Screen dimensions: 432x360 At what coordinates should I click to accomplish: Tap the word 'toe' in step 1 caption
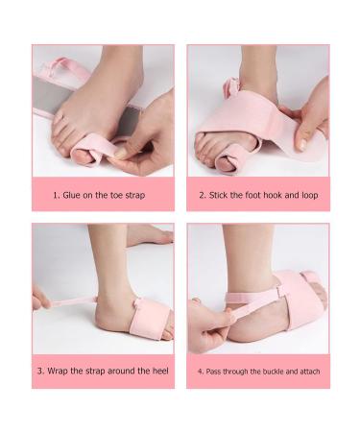119,194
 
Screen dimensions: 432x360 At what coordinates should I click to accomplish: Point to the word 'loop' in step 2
307,194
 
